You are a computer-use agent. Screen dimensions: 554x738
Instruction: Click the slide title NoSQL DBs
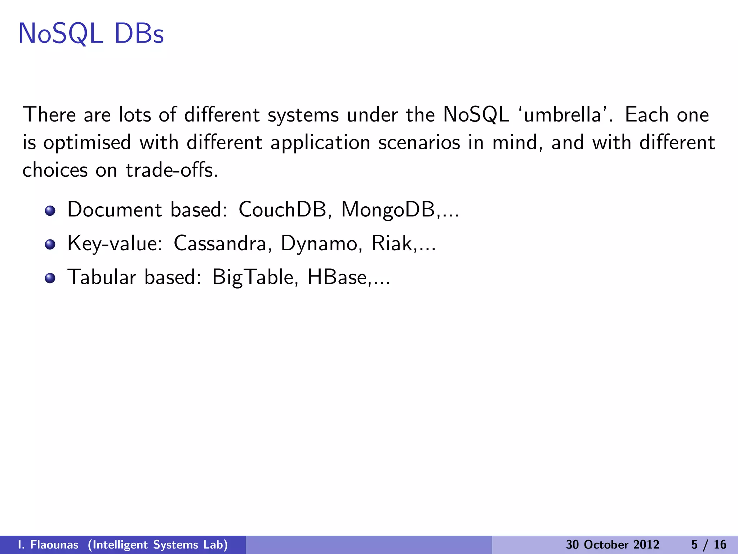pos(91,34)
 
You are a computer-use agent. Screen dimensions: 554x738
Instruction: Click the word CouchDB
pos(282,210)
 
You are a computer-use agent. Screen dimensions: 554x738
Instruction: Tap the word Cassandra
pos(220,243)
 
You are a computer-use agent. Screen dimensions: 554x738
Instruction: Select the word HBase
pos(337,277)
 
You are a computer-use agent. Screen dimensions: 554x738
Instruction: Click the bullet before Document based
pos(50,211)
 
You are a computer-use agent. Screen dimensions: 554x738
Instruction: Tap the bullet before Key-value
pos(50,245)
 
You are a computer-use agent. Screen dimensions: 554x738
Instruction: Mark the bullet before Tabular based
pos(50,278)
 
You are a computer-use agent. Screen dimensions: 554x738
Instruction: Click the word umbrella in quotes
pos(562,115)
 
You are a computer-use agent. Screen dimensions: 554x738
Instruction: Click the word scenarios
pos(419,142)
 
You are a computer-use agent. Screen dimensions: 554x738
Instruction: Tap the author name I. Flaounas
pos(48,545)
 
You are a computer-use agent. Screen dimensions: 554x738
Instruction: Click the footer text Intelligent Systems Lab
pos(158,545)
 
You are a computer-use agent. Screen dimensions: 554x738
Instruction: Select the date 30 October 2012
pos(612,545)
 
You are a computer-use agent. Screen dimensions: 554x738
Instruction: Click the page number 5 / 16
pos(708,545)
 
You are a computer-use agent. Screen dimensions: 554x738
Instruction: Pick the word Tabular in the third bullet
pos(102,277)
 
